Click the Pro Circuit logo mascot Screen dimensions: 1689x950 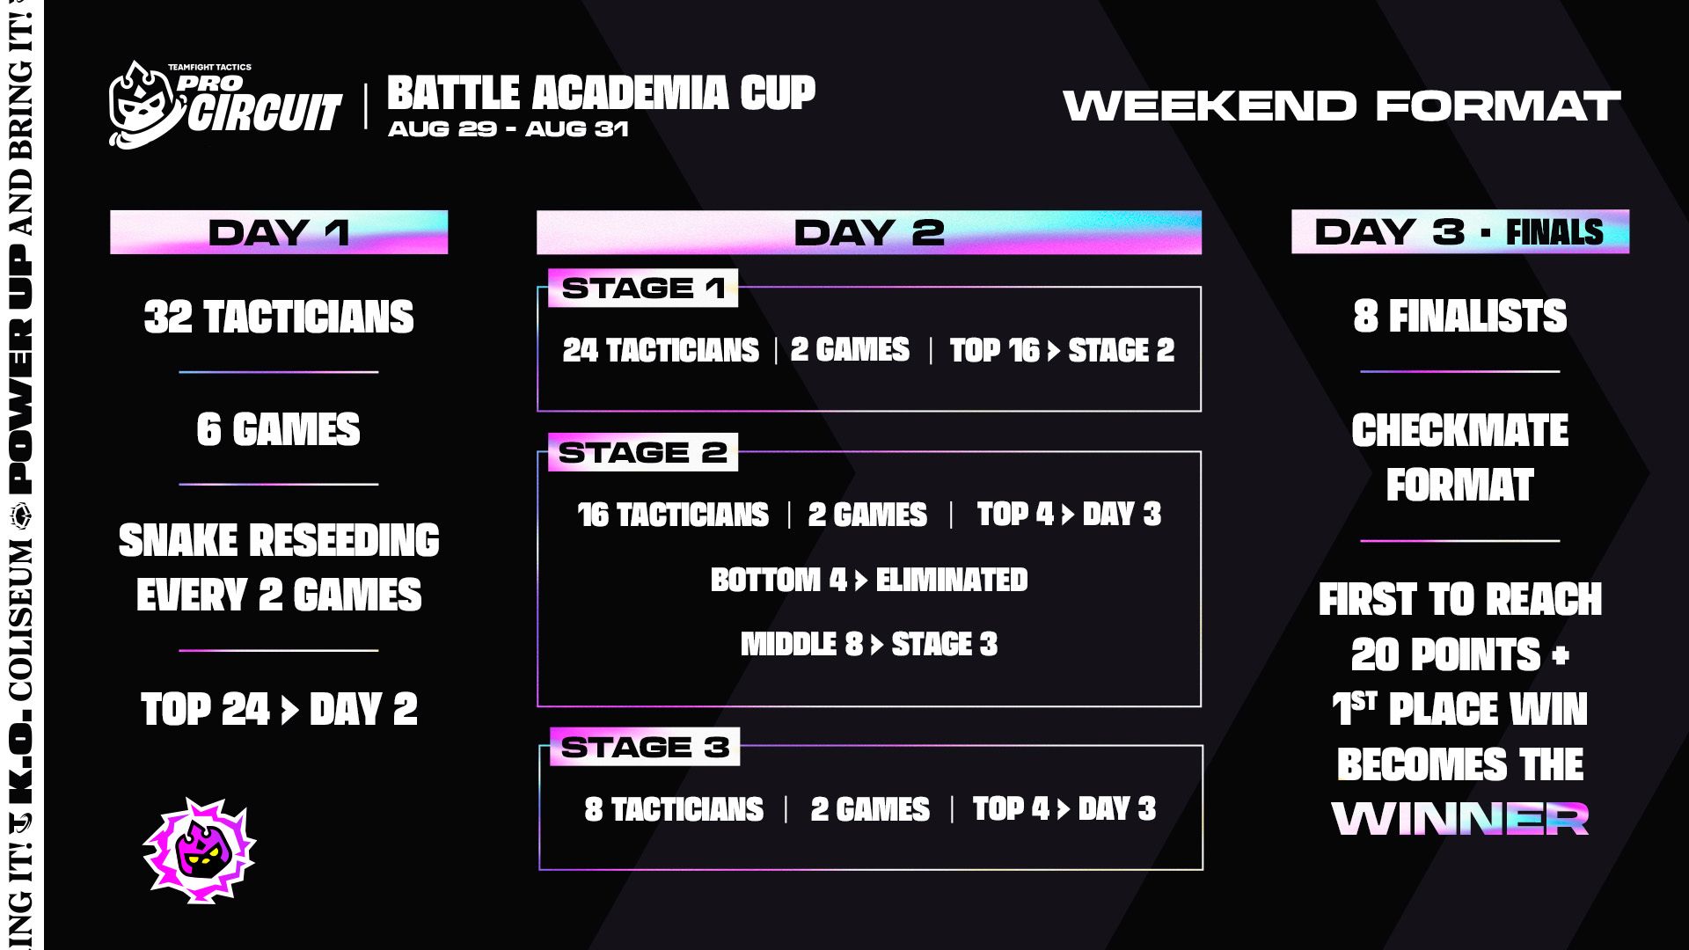click(145, 106)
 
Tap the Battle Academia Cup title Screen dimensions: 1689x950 click(602, 92)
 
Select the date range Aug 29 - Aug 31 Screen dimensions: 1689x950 click(508, 129)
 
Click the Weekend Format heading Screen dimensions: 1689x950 click(1342, 106)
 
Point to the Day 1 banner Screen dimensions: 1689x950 click(279, 232)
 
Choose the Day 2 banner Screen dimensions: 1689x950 click(869, 232)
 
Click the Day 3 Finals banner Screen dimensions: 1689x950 click(1460, 232)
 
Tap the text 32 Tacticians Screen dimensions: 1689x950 click(279, 317)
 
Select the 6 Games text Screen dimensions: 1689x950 click(279, 429)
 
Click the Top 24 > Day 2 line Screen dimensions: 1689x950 click(279, 709)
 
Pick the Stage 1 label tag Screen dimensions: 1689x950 click(643, 288)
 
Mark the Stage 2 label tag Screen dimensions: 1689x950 click(643, 452)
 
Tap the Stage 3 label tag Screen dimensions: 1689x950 click(645, 747)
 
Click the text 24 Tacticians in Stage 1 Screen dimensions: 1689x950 click(661, 350)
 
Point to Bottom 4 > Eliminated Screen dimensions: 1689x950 click(869, 580)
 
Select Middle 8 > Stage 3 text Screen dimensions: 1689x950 click(869, 644)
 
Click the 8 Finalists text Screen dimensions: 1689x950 click(1460, 317)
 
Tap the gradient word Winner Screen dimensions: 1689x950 click(1460, 818)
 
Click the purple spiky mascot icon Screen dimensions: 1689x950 click(200, 851)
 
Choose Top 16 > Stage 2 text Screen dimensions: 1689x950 click(1062, 350)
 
